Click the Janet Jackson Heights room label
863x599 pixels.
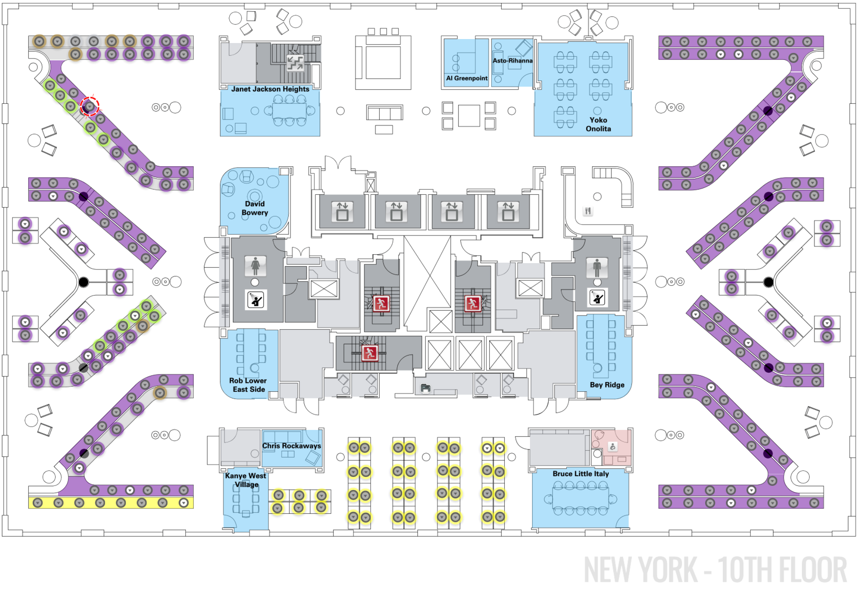[270, 89]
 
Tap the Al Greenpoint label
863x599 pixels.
[467, 79]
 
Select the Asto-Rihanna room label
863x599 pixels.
[512, 61]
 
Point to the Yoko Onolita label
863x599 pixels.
[598, 125]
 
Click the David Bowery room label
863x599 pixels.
[255, 209]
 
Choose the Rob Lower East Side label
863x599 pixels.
[248, 385]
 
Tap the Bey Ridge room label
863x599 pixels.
[607, 385]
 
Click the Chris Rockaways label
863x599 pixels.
[291, 446]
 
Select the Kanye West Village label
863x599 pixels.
[246, 480]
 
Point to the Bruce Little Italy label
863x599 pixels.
[581, 474]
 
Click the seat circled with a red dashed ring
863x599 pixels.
[90, 106]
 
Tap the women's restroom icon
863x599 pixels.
[255, 266]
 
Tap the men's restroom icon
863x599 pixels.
[597, 267]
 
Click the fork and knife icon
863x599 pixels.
[588, 211]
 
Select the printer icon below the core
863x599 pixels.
[425, 389]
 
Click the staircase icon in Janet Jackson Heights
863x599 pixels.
[295, 63]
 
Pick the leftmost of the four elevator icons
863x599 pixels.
[342, 212]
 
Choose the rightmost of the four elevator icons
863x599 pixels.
[508, 212]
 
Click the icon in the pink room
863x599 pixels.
[612, 447]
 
